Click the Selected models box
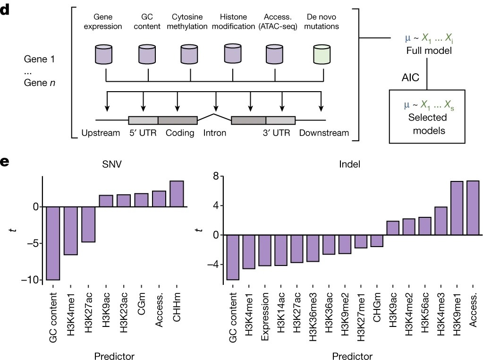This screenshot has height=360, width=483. point(427,116)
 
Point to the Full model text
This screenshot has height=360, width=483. point(426,49)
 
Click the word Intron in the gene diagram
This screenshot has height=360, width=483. point(215,133)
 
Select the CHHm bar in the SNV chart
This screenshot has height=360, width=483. point(177,194)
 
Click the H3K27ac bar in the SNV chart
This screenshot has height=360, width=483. point(88,224)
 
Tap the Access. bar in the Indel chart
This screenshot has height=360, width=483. point(473,207)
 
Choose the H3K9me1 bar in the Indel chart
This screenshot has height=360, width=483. point(457,208)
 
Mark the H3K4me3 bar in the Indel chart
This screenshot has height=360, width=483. point(441,221)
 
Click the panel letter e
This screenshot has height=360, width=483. point(5,162)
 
